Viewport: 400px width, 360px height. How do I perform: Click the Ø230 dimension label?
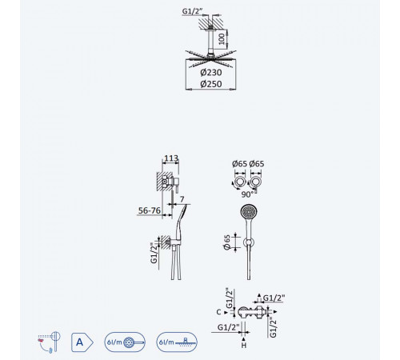[211, 72]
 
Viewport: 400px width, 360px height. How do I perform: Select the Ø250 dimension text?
[211, 84]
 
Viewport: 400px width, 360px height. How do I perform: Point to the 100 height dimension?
[222, 39]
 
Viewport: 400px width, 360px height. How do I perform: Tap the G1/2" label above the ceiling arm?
[193, 11]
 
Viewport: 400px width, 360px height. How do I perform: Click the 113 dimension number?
[171, 158]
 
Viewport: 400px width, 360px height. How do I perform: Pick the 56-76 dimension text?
[150, 210]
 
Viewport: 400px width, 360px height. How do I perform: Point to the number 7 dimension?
[182, 199]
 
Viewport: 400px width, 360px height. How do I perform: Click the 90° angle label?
[247, 194]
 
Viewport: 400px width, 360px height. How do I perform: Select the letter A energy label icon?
[82, 342]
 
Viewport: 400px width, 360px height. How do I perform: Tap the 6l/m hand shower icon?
[125, 342]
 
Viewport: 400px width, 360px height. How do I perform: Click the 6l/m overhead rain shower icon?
[177, 342]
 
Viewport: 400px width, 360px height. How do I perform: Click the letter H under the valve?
[244, 346]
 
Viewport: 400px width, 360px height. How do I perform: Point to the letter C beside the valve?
[218, 312]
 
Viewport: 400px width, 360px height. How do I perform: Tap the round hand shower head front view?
[249, 212]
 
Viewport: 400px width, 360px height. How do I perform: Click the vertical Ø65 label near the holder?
[227, 242]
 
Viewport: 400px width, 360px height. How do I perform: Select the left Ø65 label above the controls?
[239, 164]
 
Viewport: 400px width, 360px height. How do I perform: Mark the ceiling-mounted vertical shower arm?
[210, 40]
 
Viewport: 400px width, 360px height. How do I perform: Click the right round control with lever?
[256, 182]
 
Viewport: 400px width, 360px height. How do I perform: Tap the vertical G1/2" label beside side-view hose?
[154, 253]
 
